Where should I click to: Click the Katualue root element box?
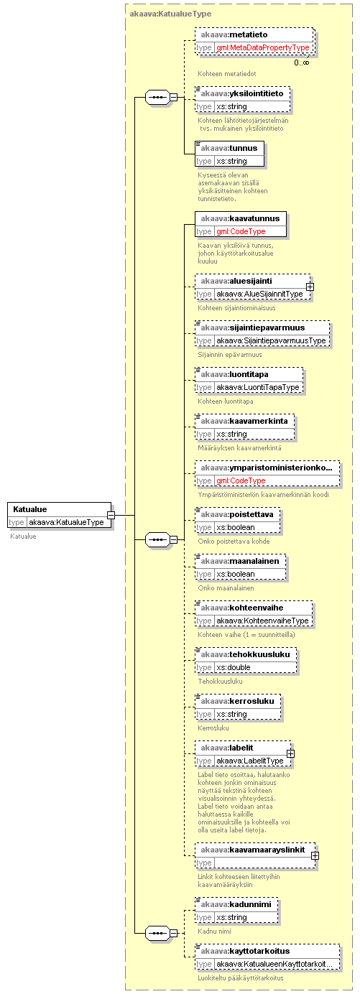pyautogui.click(x=59, y=515)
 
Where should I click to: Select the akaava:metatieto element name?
pyautogui.click(x=234, y=34)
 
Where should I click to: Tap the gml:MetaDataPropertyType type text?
pyautogui.click(x=263, y=47)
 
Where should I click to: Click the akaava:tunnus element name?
pyautogui.click(x=229, y=148)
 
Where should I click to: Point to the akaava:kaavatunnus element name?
pyautogui.click(x=240, y=218)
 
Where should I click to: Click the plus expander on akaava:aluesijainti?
pyautogui.click(x=310, y=287)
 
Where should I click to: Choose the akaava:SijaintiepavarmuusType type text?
pyautogui.click(x=271, y=340)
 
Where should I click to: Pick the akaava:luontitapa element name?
pyautogui.click(x=234, y=374)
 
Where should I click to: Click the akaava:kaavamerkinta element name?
pyautogui.click(x=244, y=421)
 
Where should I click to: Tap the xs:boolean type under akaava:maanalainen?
pyautogui.click(x=235, y=574)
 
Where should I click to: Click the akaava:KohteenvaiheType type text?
pyautogui.click(x=262, y=621)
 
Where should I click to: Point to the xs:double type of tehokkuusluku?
pyautogui.click(x=233, y=667)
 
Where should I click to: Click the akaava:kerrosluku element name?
pyautogui.click(x=237, y=701)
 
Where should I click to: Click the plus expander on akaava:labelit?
pyautogui.click(x=290, y=753)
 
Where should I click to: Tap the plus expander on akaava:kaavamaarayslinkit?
pyautogui.click(x=315, y=855)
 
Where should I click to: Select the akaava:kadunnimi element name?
pyautogui.click(x=236, y=904)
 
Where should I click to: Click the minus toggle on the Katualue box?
pyautogui.click(x=111, y=515)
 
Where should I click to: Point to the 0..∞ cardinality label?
pyautogui.click(x=301, y=62)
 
